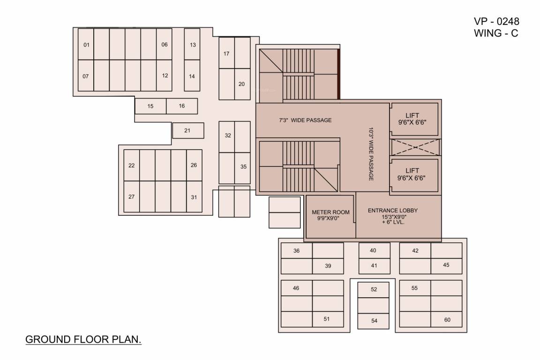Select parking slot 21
click(187, 130)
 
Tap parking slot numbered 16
click(182, 106)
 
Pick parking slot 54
click(374, 321)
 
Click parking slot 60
click(446, 319)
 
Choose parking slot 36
click(296, 251)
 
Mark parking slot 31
click(194, 197)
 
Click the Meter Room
click(330, 216)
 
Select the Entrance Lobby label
click(392, 210)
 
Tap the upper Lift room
click(414, 119)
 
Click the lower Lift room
click(414, 174)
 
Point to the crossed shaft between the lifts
click(414, 147)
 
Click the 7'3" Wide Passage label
click(305, 120)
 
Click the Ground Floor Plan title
click(83, 339)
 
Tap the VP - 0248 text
click(496, 22)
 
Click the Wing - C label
click(496, 34)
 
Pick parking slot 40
click(374, 250)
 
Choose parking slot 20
click(242, 84)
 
